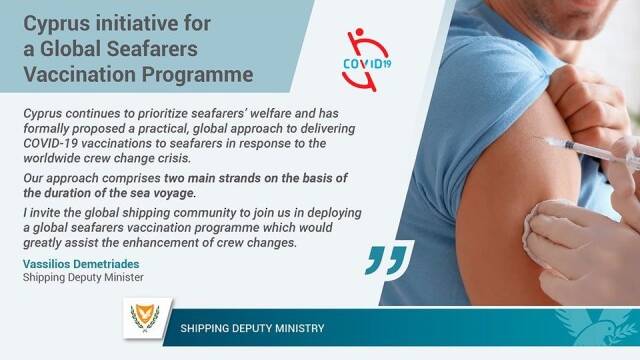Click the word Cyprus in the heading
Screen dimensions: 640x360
pyautogui.click(x=56, y=24)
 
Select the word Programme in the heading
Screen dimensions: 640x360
pyautogui.click(x=197, y=75)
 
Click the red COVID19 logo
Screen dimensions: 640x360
pyautogui.click(x=366, y=60)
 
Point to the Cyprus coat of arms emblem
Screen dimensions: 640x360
pyautogui.click(x=145, y=318)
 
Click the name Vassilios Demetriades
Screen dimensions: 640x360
pyautogui.click(x=81, y=264)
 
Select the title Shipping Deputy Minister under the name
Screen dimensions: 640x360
pyautogui.click(x=83, y=278)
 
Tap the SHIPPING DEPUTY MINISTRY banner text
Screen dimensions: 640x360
pyautogui.click(x=252, y=328)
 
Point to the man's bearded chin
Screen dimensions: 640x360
pyautogui.click(x=571, y=24)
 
